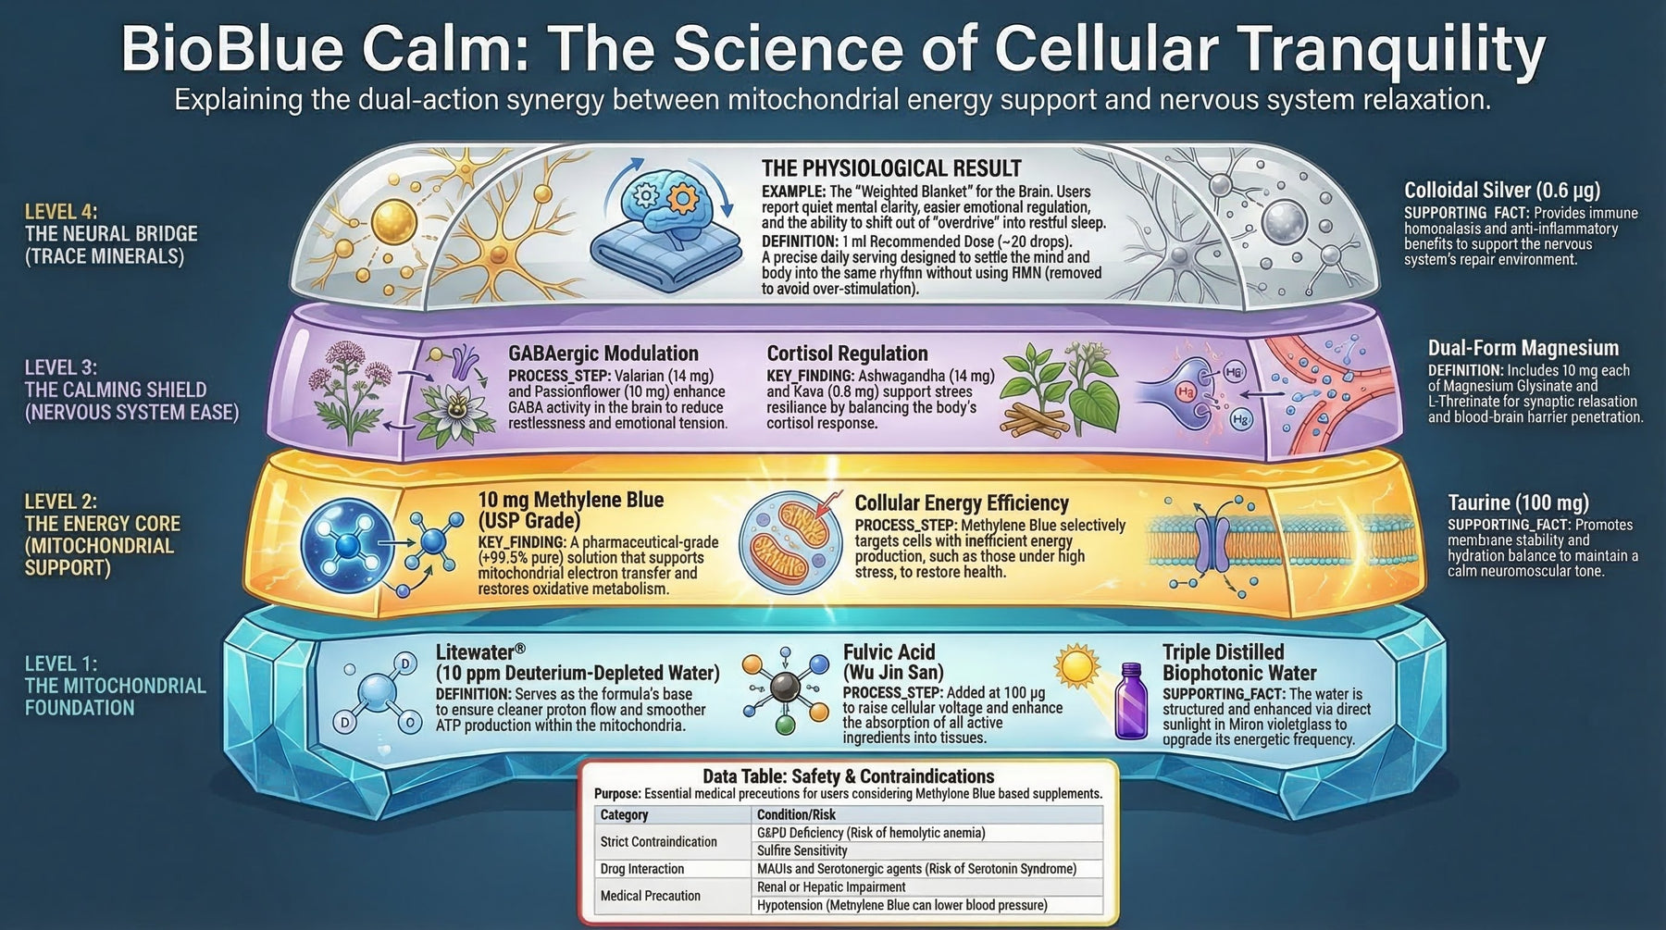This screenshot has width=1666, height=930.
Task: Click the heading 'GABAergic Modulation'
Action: (x=603, y=353)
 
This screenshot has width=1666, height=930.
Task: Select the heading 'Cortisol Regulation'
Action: (x=847, y=353)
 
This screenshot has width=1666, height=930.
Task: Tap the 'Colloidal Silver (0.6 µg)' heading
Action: (x=1501, y=191)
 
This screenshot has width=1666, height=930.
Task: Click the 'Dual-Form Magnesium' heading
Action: (x=1523, y=348)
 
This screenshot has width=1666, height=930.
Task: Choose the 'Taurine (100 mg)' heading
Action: (x=1518, y=502)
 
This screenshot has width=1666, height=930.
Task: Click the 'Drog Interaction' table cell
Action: (x=642, y=869)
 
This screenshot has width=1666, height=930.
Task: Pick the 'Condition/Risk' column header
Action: (x=796, y=814)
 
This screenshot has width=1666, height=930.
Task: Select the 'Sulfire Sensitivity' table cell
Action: (x=802, y=850)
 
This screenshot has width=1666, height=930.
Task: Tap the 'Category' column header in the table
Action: (x=624, y=814)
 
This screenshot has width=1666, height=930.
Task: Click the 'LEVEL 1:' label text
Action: (x=61, y=663)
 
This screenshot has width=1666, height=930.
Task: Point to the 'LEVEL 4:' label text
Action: (x=61, y=212)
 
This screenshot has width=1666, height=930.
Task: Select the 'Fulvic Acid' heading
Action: (x=889, y=651)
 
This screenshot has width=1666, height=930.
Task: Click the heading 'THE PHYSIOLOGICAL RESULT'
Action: (x=891, y=168)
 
